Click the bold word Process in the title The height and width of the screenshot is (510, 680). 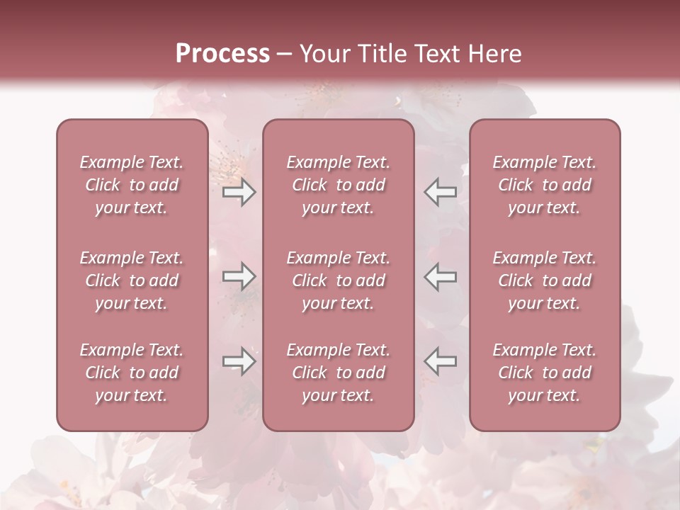point(222,54)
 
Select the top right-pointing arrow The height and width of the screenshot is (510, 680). point(239,192)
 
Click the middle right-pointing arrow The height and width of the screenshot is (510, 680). point(239,276)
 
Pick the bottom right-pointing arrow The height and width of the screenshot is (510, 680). point(239,361)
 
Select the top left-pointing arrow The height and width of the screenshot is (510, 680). point(441,192)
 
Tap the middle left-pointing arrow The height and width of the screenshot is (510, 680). point(441,276)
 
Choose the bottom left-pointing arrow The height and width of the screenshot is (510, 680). point(441,361)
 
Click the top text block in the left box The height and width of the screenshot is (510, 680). point(132,185)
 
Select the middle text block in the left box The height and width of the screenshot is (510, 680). point(132,280)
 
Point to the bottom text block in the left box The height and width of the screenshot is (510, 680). point(132,373)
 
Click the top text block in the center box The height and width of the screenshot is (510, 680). point(338,185)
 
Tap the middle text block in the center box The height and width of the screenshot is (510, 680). point(338,280)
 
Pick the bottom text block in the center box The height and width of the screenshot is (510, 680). point(338,373)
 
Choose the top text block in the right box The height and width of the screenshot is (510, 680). point(544,185)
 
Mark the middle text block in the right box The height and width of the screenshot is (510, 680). point(544,280)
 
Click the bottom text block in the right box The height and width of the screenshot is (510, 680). point(544,373)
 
